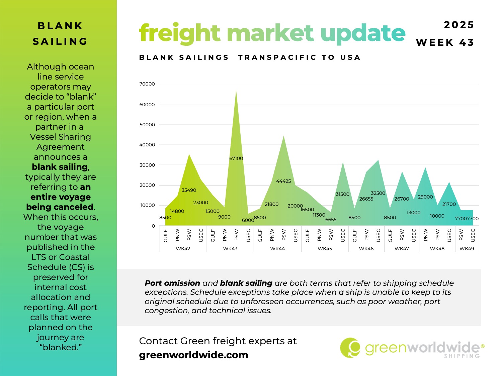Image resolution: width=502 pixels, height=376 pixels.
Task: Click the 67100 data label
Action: point(236,158)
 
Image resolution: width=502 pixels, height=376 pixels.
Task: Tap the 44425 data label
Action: point(283,181)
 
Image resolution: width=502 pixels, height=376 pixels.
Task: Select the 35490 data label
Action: point(189,190)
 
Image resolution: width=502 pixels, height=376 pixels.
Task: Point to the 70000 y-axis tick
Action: point(147,84)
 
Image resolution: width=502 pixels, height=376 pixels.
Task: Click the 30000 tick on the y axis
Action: point(147,165)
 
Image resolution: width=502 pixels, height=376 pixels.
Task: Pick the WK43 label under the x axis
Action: point(230,249)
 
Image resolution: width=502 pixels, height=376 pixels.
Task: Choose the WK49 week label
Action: point(467,249)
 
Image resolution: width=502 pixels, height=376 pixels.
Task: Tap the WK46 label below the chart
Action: point(366,249)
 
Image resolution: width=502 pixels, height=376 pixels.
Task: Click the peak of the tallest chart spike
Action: point(236,90)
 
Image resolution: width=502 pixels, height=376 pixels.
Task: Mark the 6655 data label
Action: point(331,220)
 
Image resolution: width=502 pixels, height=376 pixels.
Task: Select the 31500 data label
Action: point(342,194)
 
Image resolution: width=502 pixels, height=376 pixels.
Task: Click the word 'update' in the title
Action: point(363,33)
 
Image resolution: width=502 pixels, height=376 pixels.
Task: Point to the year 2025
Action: point(459,25)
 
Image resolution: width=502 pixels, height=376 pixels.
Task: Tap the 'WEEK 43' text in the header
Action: point(445,43)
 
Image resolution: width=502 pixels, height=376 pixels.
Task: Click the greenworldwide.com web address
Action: point(193,355)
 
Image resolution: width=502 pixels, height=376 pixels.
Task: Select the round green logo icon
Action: point(350,348)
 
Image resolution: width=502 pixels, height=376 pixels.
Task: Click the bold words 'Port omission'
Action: point(172,283)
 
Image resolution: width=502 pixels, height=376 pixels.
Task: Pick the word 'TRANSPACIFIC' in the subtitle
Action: point(277,57)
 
